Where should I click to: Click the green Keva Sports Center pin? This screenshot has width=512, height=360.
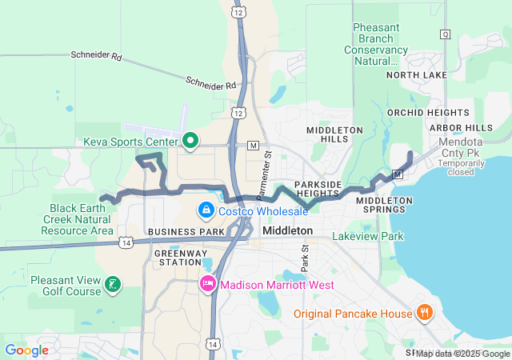coord(190,142)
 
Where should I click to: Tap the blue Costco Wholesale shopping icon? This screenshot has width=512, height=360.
coord(206,210)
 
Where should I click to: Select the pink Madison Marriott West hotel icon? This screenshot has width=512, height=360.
coord(207,284)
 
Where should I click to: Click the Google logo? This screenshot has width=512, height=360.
coord(26,350)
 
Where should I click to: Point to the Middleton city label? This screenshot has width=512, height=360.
coord(287,230)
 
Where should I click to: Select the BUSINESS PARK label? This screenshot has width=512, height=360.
coord(186,231)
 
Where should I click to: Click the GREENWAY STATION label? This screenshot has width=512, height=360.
coord(178,257)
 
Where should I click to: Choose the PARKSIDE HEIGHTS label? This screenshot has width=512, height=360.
coord(318,189)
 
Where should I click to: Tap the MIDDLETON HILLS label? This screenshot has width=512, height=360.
coord(330,134)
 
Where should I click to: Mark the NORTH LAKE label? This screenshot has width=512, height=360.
coord(417,75)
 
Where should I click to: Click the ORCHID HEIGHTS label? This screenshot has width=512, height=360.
coord(417,113)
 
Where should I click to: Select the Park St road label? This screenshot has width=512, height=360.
coord(305,258)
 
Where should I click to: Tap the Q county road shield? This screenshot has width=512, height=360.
coord(445,34)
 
